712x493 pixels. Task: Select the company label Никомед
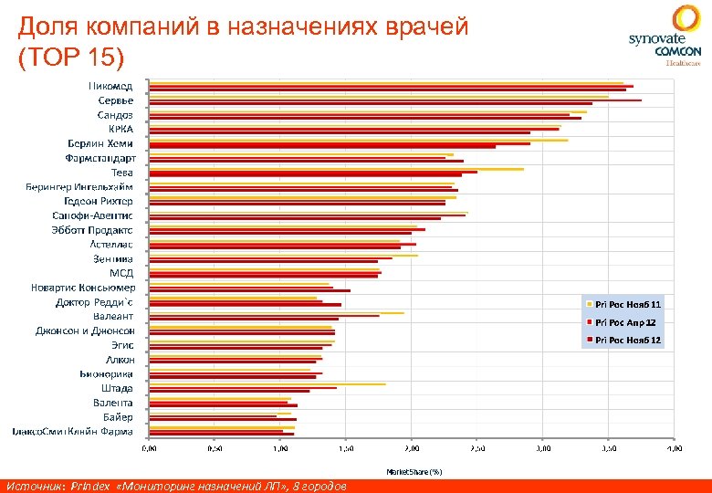pyautogui.click(x=110, y=86)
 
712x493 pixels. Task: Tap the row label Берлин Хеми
pyautogui.click(x=100, y=143)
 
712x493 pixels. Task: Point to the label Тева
pyautogui.click(x=121, y=172)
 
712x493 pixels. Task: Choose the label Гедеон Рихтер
pyautogui.click(x=99, y=201)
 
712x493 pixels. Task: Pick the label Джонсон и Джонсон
pyautogui.click(x=86, y=330)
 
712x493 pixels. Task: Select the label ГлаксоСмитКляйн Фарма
pyautogui.click(x=72, y=431)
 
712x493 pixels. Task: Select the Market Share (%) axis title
pyautogui.click(x=414, y=472)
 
